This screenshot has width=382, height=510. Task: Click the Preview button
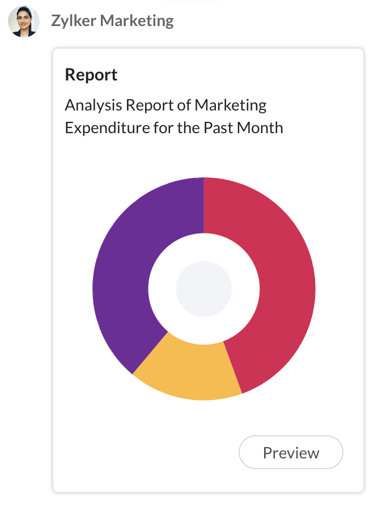[291, 453]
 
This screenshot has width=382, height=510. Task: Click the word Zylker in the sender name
[74, 22]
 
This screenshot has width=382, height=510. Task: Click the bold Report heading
[91, 75]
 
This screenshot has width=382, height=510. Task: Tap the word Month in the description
[261, 127]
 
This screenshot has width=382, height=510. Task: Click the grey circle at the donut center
[203, 288]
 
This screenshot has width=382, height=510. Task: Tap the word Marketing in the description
[230, 105]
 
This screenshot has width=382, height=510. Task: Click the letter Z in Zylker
[56, 22]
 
